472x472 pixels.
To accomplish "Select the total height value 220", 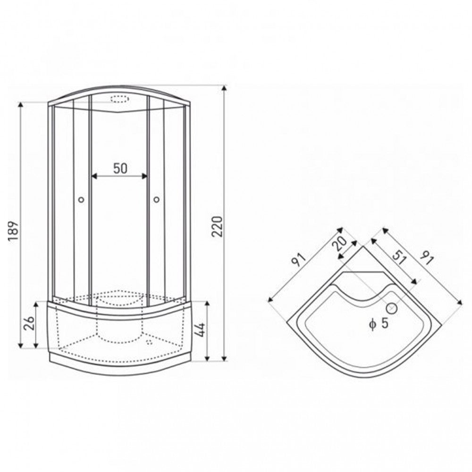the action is (217, 227).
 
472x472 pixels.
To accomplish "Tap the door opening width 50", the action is (120, 169).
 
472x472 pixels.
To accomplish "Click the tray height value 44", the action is (200, 329).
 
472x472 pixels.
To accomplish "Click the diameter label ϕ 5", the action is (379, 324).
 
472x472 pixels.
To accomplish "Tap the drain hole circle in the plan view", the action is (393, 308).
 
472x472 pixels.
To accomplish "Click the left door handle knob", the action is (81, 200).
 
